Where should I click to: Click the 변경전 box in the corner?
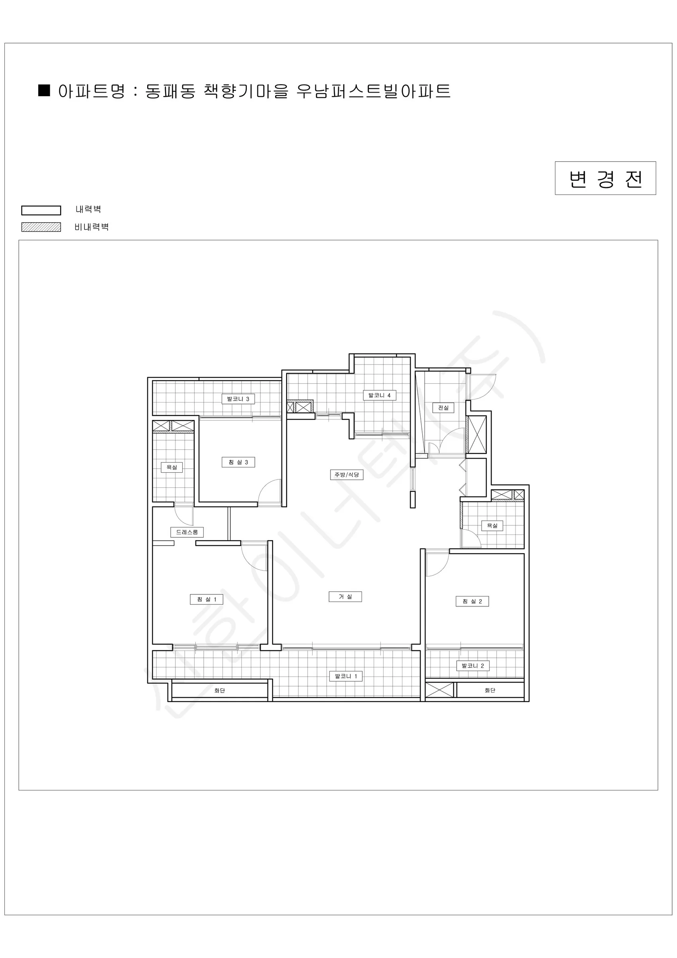605,178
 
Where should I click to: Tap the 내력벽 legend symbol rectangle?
41,210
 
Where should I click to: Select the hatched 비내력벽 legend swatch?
41,227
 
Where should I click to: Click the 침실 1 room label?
207,600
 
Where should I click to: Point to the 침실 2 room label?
472,601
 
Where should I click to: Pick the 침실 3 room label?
238,462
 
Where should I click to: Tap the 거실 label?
345,597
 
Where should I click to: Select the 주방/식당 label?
347,475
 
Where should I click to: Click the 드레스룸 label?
187,532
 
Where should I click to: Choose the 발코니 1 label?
346,676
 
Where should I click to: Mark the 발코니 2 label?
473,665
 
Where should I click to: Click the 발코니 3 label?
238,399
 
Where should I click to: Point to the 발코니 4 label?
379,395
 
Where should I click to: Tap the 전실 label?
443,408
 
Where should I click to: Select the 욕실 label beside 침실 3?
172,467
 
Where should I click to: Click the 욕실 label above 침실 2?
492,526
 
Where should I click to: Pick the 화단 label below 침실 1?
220,691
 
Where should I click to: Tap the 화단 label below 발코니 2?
490,690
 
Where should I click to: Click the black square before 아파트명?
44,91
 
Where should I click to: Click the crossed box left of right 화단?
439,690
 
